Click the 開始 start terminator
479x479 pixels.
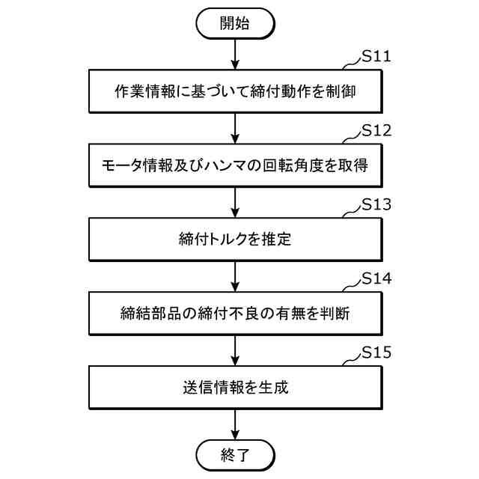pyautogui.click(x=235, y=22)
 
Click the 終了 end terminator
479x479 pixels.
pyautogui.click(x=235, y=454)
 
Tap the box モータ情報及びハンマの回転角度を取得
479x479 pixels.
pyautogui.click(x=235, y=165)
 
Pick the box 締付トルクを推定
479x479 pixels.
pyautogui.click(x=235, y=239)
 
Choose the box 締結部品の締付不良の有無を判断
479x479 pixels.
pyautogui.click(x=235, y=312)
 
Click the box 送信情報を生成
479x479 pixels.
pyautogui.click(x=235, y=386)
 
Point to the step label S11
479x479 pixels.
pyautogui.click(x=376, y=58)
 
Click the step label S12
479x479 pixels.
pyautogui.click(x=376, y=131)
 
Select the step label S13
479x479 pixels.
pyautogui.click(x=376, y=204)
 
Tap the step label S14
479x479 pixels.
pyautogui.click(x=376, y=278)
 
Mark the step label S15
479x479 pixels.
pyautogui.click(x=376, y=352)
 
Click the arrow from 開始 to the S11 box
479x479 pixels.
pyautogui.click(x=235, y=53)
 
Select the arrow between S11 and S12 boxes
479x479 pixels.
pyautogui.click(x=235, y=127)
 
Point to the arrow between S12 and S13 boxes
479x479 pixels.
pyautogui.click(x=235, y=201)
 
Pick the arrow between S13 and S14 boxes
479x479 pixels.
pyautogui.click(x=235, y=275)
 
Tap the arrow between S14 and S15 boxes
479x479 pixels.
pyautogui.click(x=235, y=349)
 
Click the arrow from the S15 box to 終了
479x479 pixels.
pyautogui.click(x=235, y=423)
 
